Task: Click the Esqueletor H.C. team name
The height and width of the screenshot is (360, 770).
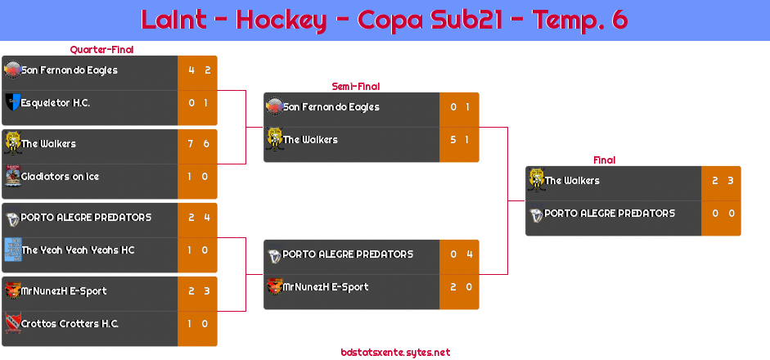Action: [x=56, y=103]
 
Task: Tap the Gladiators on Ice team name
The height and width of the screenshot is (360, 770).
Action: [x=61, y=177]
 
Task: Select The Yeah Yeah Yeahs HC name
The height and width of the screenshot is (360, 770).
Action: [x=78, y=250]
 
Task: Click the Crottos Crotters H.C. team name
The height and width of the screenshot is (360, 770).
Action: [x=70, y=324]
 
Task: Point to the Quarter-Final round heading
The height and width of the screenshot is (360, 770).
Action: [x=101, y=50]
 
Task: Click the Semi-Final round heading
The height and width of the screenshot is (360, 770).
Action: [x=354, y=86]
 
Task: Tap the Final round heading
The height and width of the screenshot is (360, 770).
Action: [x=603, y=160]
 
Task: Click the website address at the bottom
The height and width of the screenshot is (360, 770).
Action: [x=395, y=353]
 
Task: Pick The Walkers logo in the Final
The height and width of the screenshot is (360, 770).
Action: [x=536, y=179]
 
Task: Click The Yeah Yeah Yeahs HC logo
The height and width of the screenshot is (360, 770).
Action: [x=12, y=249]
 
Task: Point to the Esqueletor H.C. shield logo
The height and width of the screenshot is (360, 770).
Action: [x=12, y=103]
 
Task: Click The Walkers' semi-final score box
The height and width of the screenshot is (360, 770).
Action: [x=459, y=140]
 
